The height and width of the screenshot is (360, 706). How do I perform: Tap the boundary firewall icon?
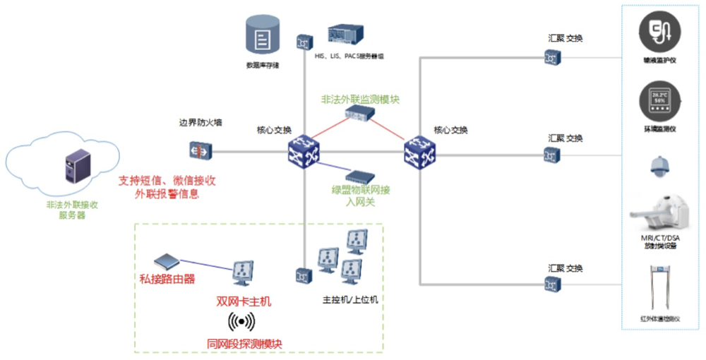coord(200,150)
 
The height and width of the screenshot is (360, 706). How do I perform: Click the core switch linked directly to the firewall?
coord(304,150)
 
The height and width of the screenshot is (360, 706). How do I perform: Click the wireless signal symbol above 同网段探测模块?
coord(241,322)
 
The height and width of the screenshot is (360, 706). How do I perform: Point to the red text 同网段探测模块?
coord(244,343)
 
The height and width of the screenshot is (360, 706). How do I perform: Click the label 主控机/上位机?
coord(350,299)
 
